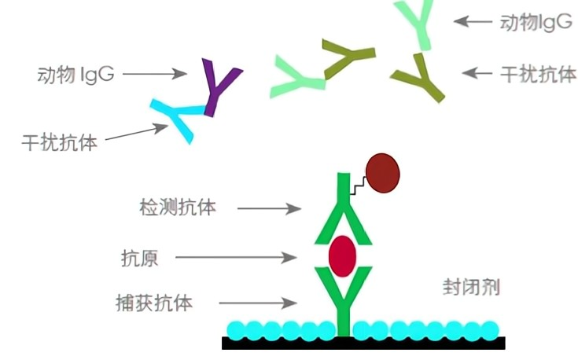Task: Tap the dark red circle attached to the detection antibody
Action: (x=383, y=173)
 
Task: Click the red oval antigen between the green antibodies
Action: (x=343, y=253)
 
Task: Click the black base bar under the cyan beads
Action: (x=363, y=343)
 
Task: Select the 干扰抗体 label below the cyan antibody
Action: (x=60, y=143)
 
